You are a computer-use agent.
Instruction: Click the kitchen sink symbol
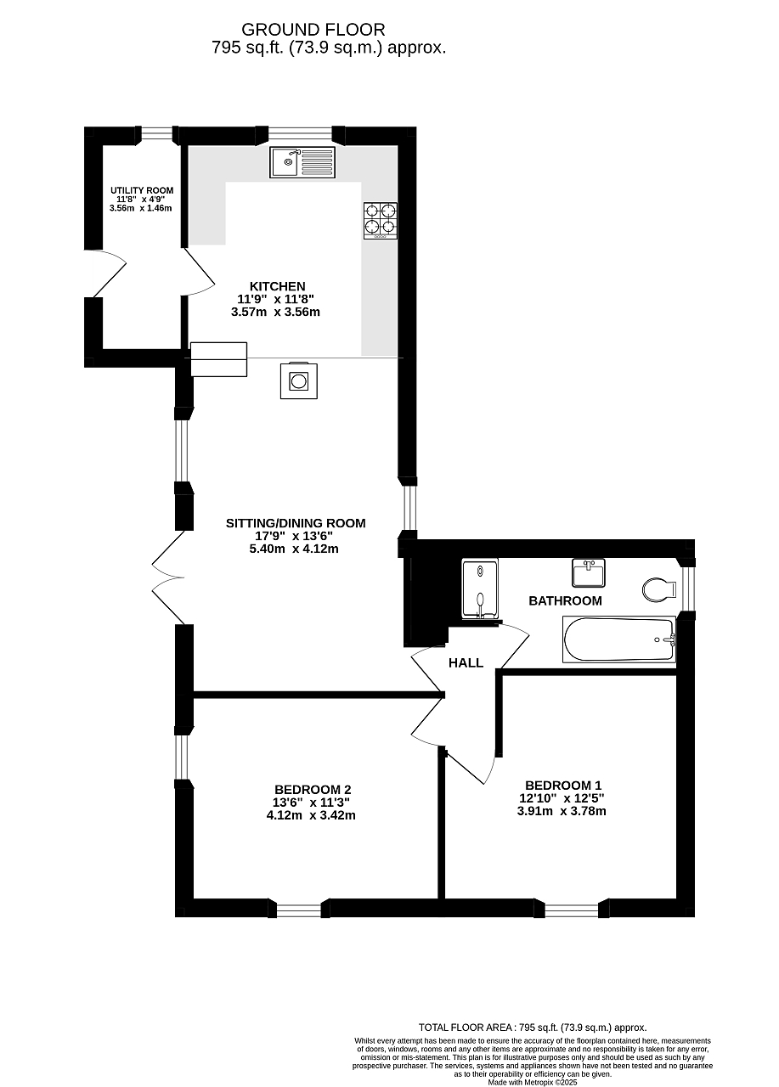tap(302, 162)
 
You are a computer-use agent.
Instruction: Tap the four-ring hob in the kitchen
tap(381, 220)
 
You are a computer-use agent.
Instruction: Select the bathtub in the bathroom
tap(618, 639)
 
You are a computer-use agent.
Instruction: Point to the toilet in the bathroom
tap(658, 589)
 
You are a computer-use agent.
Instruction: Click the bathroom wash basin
tap(589, 572)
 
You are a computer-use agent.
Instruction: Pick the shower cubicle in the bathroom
tap(480, 589)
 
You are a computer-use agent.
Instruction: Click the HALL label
tap(466, 663)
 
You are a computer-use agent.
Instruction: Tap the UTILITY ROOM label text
tap(142, 191)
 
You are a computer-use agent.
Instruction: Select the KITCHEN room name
tap(278, 286)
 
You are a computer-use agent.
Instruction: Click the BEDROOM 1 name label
tap(563, 786)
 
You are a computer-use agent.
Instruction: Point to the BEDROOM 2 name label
tap(313, 790)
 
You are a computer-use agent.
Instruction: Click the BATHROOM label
tap(565, 600)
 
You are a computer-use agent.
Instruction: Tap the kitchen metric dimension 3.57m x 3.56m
tap(275, 312)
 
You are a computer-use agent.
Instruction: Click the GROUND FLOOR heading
tap(313, 30)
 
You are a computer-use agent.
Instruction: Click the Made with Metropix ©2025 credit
tap(533, 1082)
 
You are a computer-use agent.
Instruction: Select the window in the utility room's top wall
tap(154, 133)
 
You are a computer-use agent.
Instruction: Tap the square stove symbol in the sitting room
tap(299, 381)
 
